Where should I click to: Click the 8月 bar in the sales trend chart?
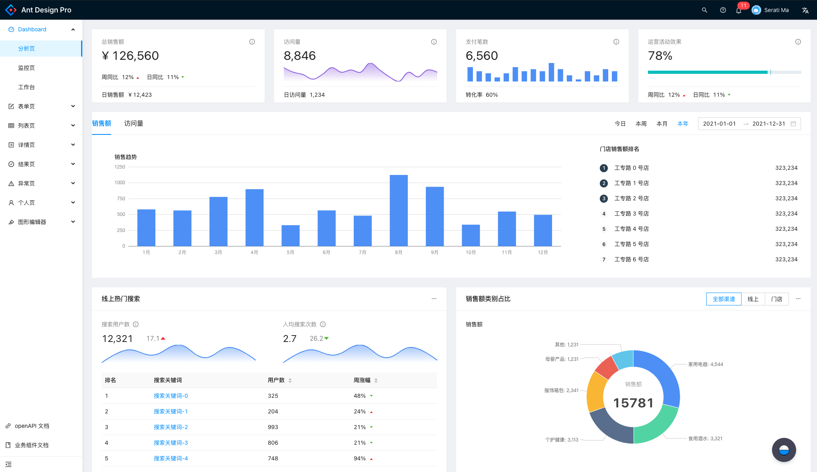click(x=399, y=210)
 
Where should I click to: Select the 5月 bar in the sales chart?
click(x=290, y=236)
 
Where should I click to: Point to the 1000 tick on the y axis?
click(x=120, y=183)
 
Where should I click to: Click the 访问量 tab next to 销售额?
click(x=134, y=124)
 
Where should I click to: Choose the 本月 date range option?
click(x=662, y=124)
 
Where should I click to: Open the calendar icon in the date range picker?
click(x=793, y=124)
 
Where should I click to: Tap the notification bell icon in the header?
click(x=739, y=10)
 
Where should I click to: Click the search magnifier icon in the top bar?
click(x=704, y=10)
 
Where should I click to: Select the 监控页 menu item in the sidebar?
click(x=26, y=68)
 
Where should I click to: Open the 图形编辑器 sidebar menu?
click(x=32, y=222)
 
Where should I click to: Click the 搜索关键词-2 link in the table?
click(x=171, y=427)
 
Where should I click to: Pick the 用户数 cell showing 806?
click(x=273, y=443)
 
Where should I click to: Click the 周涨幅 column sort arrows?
click(x=376, y=380)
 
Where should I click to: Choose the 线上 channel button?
click(x=753, y=299)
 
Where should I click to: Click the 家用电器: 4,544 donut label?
click(x=705, y=364)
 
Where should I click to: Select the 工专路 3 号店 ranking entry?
click(x=632, y=214)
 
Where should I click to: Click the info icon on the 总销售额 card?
click(x=252, y=42)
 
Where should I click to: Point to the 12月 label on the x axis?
click(x=543, y=252)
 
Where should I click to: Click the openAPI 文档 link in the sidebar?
click(x=32, y=426)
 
